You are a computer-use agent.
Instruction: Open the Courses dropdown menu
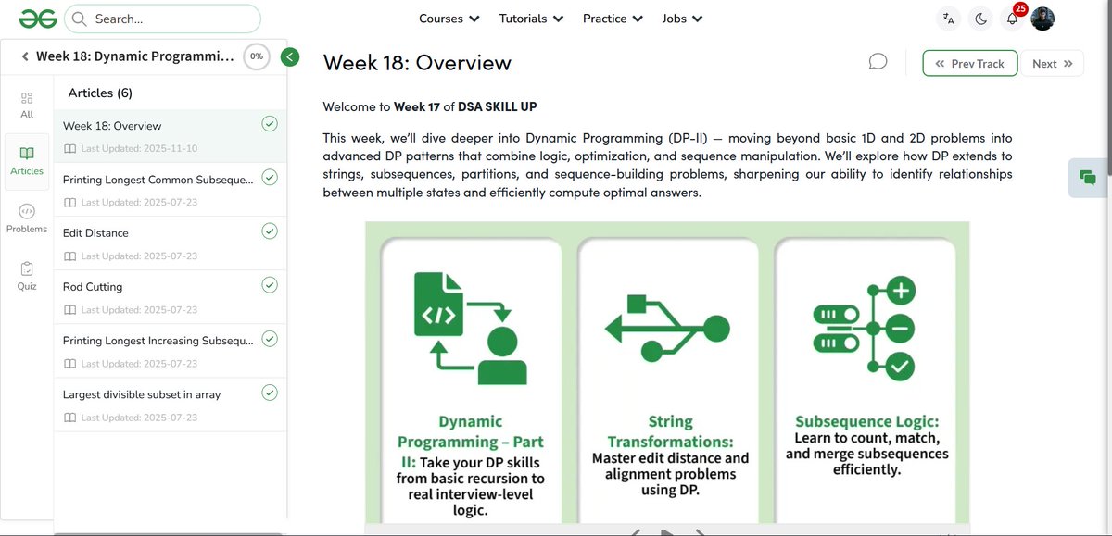(449, 19)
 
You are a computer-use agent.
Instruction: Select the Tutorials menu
(531, 19)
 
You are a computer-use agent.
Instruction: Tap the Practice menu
(613, 19)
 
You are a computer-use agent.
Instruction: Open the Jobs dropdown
(682, 19)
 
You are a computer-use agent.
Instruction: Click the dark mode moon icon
(980, 19)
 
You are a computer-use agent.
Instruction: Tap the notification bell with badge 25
(1013, 19)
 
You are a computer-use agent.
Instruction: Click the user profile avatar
(1042, 19)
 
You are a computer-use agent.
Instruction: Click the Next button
(1052, 64)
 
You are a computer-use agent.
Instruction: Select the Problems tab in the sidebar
(27, 218)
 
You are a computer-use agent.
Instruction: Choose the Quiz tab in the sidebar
(27, 276)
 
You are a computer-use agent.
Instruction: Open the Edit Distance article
(95, 233)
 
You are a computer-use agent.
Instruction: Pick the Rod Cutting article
(93, 287)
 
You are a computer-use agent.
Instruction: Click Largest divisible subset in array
(142, 394)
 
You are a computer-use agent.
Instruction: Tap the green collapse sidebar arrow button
(290, 57)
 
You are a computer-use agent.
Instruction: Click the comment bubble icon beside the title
(878, 62)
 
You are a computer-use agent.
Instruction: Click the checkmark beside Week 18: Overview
(270, 124)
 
